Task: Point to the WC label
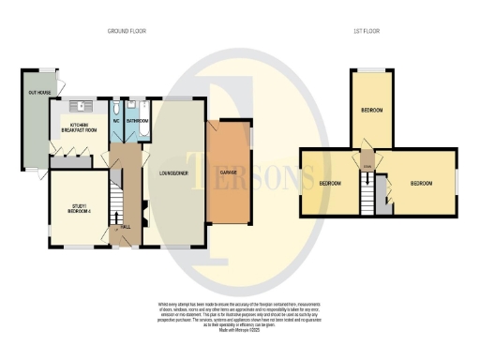click(x=115, y=121)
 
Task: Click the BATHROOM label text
click(x=138, y=121)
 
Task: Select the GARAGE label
click(x=228, y=174)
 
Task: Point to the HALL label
click(x=124, y=228)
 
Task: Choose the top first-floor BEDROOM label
click(x=372, y=111)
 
